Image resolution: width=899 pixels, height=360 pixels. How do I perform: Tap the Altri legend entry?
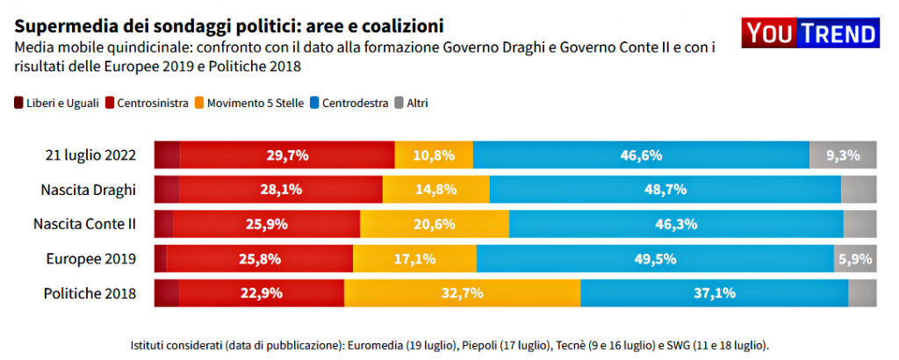point(409,103)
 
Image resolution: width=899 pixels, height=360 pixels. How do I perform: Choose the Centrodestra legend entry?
point(348,103)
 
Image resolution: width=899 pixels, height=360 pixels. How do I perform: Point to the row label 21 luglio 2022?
point(90,155)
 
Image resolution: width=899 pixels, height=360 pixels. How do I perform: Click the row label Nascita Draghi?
point(88,190)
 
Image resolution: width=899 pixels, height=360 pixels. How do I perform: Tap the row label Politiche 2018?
point(90,293)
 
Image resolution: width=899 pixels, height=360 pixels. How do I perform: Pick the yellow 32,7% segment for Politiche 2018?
point(462,293)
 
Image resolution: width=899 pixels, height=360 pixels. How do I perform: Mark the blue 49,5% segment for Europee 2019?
point(655,259)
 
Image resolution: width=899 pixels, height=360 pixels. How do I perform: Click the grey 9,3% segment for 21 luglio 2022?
point(843,155)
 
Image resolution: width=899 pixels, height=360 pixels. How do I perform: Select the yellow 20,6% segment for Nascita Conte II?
point(434,224)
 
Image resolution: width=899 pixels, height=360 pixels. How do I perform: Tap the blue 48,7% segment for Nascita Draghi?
point(665,190)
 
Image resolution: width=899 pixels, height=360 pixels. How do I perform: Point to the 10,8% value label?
point(434,155)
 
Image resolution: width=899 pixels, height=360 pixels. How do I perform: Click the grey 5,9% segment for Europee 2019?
point(855,259)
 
